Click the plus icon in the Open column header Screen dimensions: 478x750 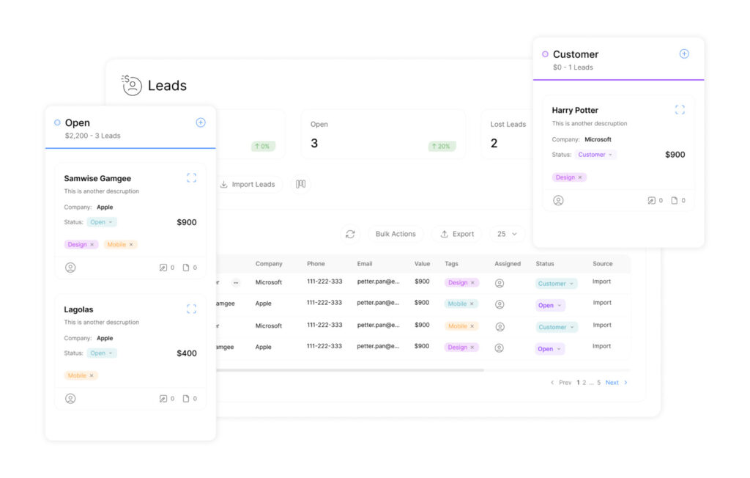click(x=201, y=122)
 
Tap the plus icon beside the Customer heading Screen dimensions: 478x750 click(x=684, y=54)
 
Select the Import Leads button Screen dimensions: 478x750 click(x=248, y=184)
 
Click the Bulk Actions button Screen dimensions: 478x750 click(x=396, y=234)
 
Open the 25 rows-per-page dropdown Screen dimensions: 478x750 click(x=507, y=234)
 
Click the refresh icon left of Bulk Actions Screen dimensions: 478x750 click(x=350, y=234)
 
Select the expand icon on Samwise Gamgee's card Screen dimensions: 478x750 click(x=191, y=178)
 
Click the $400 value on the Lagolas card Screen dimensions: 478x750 click(x=187, y=353)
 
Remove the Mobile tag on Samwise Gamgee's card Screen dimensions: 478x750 click(x=131, y=245)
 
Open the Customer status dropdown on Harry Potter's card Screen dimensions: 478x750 click(x=595, y=155)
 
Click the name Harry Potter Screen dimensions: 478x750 click(x=575, y=110)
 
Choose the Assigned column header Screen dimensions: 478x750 click(x=508, y=264)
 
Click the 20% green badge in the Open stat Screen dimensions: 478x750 click(x=442, y=146)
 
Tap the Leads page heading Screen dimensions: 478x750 click(x=167, y=86)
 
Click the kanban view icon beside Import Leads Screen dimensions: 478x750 click(x=300, y=184)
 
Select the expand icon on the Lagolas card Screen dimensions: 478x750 click(x=191, y=309)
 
